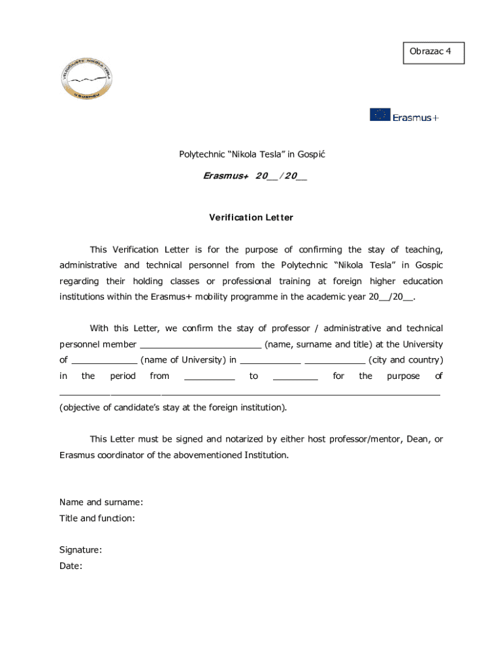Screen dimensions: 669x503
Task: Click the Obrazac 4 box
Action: coord(434,52)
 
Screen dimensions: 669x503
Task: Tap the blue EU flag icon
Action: coord(380,115)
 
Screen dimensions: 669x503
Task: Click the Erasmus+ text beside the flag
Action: coord(416,118)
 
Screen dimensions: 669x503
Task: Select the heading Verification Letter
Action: coord(252,218)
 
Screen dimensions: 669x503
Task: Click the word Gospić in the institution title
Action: coord(311,154)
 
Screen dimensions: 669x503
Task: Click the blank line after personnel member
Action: coord(201,346)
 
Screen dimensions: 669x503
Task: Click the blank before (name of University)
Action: coord(104,361)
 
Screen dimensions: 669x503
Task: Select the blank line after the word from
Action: coord(209,377)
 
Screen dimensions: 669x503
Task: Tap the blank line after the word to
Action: coord(295,377)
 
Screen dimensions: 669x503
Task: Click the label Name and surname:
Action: coord(101,502)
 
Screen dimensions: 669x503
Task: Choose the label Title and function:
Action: coord(97,518)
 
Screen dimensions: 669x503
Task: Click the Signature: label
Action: coord(80,550)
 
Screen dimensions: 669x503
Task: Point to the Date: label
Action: coord(71,566)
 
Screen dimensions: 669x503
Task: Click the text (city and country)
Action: coord(406,360)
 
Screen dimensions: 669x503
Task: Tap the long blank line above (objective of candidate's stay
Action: coord(250,393)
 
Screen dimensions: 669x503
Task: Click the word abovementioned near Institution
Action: coord(206,455)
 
